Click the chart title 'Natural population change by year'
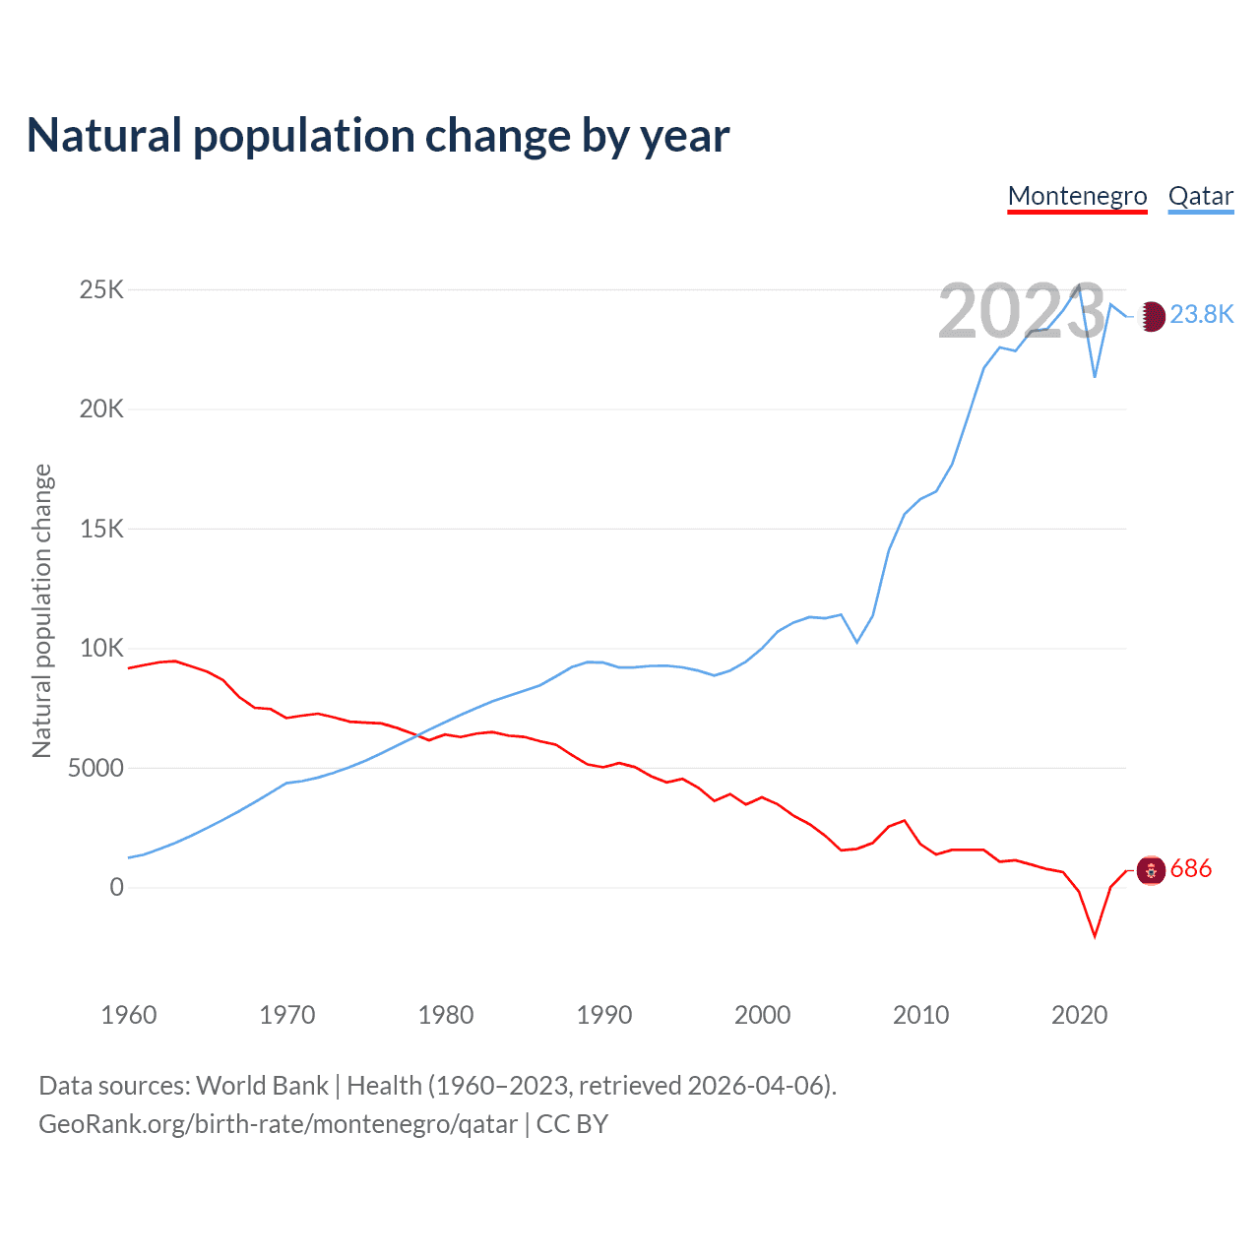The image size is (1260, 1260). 378,136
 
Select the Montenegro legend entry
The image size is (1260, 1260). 1077,196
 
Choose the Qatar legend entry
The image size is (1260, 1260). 1200,196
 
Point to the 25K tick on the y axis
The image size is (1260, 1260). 101,289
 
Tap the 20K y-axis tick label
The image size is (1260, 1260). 101,409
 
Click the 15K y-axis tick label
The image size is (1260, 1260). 101,529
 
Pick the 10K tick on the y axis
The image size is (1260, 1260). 101,648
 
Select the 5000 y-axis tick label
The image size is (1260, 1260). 95,768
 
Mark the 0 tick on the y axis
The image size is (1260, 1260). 116,887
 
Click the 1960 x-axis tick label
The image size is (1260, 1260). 129,1015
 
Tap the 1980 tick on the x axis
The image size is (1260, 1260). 446,1015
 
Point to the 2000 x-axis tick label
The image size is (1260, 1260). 763,1015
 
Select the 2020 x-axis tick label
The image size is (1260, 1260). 1080,1015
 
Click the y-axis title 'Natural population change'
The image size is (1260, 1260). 41,610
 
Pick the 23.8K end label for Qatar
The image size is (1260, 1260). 1202,314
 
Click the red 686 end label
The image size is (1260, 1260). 1191,869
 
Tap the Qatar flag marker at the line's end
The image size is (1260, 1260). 1152,316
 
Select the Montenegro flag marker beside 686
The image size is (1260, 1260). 1151,870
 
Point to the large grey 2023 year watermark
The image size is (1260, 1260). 1022,311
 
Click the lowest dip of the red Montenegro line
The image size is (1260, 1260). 1095,936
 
